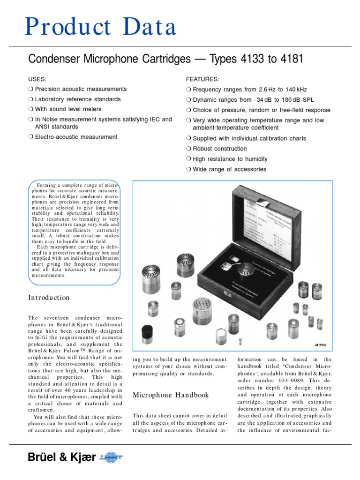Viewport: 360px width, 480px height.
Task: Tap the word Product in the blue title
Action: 61,27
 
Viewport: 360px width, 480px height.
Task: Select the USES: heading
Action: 37,79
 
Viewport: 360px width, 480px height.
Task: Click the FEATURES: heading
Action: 202,79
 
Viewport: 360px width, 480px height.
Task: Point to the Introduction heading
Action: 49,298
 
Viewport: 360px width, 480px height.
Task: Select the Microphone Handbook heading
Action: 170,395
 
